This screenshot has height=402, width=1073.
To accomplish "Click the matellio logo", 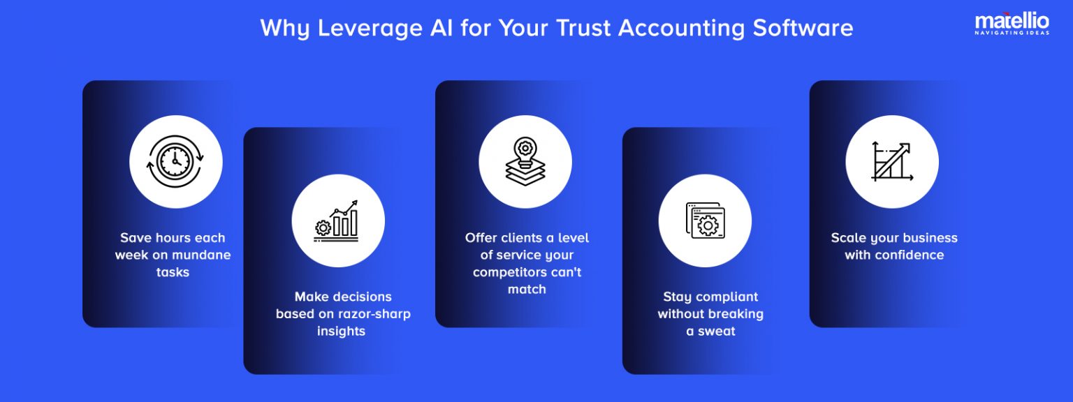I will tap(1012, 24).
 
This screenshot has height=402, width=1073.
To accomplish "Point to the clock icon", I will tap(175, 162).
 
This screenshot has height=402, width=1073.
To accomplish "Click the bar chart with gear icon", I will tap(337, 220).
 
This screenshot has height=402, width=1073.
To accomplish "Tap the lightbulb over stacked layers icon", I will tap(525, 162).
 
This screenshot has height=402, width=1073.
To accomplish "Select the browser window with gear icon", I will tap(705, 220).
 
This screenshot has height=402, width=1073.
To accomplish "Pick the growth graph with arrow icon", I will tap(891, 162).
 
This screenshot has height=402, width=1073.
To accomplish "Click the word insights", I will tap(341, 332).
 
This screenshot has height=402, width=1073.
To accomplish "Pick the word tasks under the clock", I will tap(173, 272).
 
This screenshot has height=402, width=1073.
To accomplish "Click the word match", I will tap(527, 289).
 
